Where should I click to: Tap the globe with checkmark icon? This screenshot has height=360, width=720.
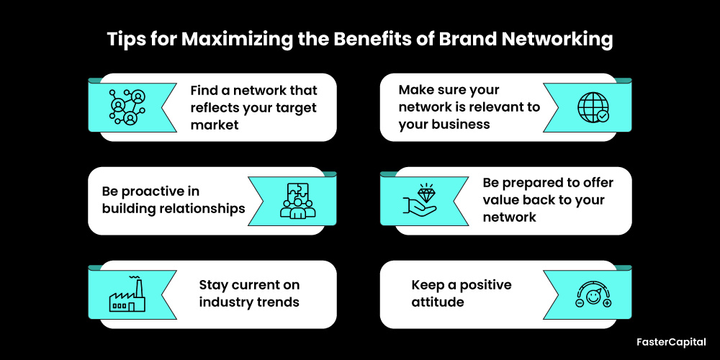(x=593, y=107)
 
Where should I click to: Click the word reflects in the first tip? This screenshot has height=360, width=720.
(x=215, y=108)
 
